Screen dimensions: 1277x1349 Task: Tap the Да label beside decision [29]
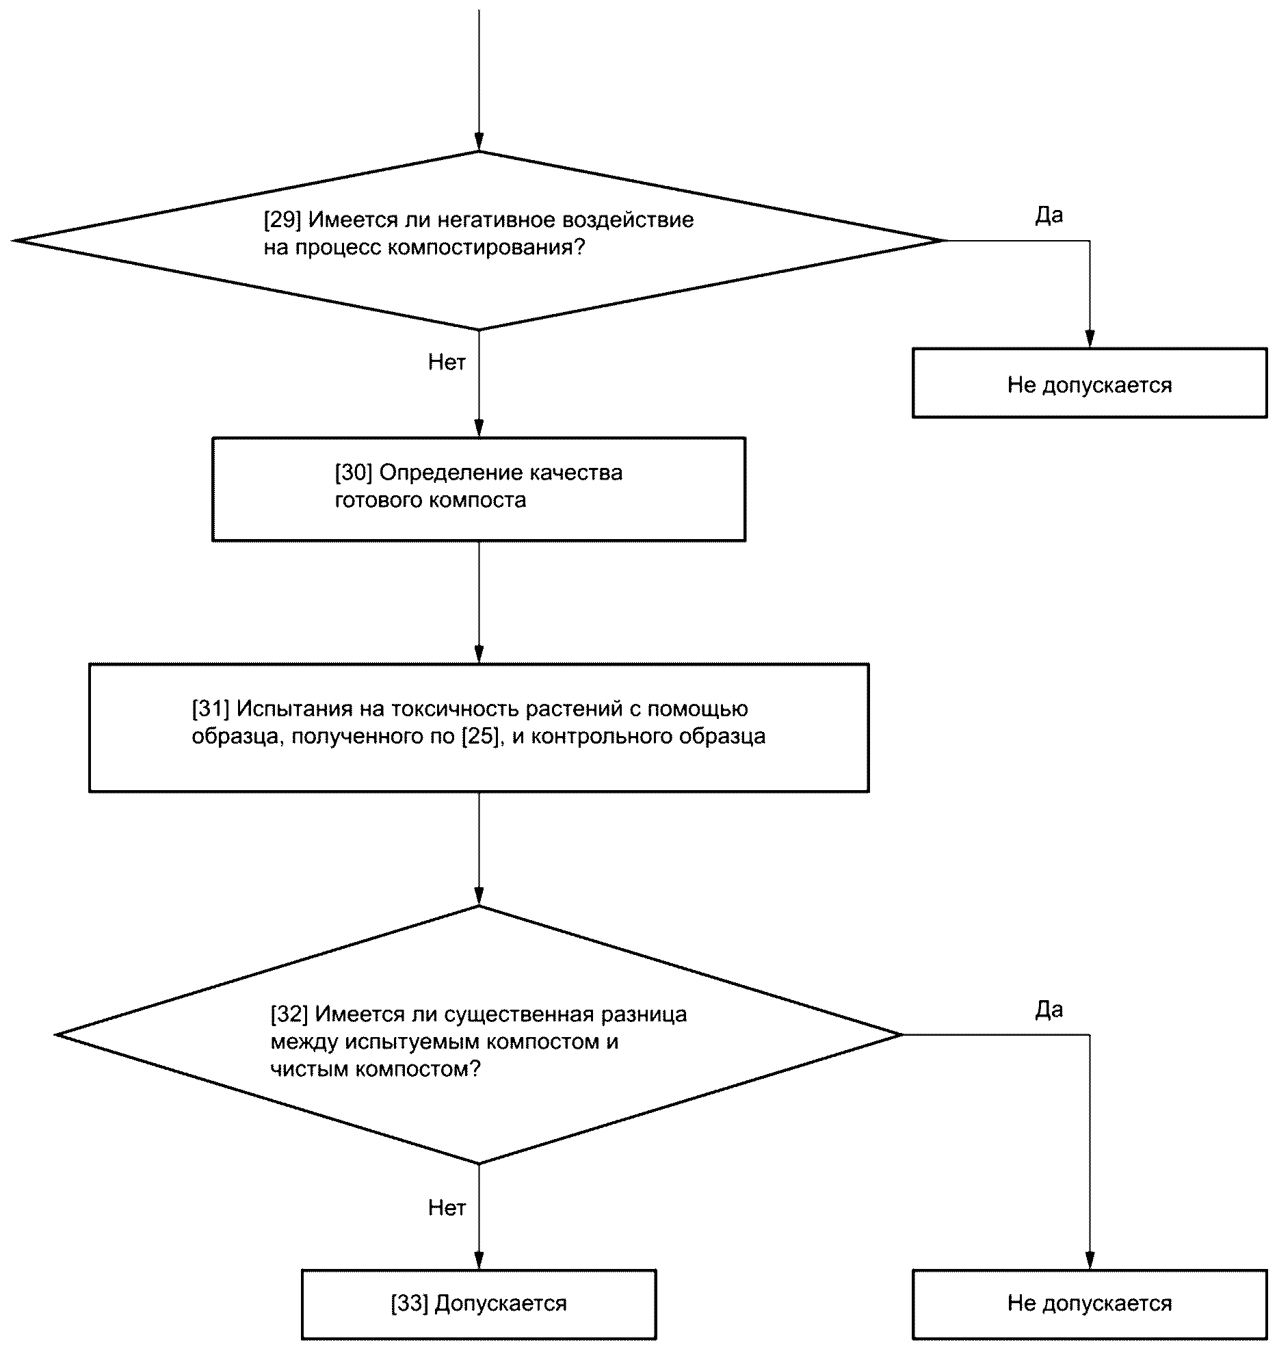coord(1049,215)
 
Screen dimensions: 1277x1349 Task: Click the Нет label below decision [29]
coord(447,362)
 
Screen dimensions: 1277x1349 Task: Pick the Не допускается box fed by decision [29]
coord(1090,383)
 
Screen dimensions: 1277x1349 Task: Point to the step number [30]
coord(353,473)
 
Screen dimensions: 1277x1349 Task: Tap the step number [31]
coord(210,709)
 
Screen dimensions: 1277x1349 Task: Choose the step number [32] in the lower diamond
coord(289,1014)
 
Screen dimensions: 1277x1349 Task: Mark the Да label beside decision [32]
coord(1049,1010)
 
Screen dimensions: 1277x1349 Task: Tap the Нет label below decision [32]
coord(447,1207)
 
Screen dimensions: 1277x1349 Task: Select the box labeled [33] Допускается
coord(479,1304)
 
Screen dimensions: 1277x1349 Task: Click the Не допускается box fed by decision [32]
coord(1090,1304)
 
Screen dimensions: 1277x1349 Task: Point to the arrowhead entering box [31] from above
coord(479,655)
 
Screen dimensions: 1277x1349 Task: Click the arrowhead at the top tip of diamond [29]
coord(479,142)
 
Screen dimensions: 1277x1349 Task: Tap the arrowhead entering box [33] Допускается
coord(479,1261)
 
